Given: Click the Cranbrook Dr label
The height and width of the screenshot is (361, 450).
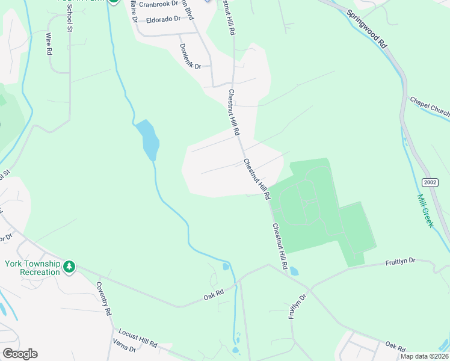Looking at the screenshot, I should point(158,4).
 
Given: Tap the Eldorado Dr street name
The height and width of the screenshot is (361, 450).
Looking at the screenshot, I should point(161,19).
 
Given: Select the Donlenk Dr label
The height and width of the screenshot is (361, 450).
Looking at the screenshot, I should point(190,57).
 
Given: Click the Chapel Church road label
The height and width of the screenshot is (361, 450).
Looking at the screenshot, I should point(430,108).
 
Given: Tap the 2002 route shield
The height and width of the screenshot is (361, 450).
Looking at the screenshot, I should point(430,182).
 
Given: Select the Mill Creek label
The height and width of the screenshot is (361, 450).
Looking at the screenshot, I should point(425,210).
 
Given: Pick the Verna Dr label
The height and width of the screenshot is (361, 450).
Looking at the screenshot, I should point(125,350).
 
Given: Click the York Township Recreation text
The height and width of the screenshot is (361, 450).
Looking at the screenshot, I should point(32,268).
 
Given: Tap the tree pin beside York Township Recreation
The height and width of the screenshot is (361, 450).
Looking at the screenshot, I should point(70,266).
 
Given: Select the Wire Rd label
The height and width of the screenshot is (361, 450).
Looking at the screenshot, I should point(49,45).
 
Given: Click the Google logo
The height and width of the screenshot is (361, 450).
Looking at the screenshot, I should point(20,354).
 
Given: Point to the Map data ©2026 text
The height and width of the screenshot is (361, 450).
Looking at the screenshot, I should point(425,356).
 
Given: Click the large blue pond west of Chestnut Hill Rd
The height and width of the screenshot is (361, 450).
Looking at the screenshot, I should point(148,140).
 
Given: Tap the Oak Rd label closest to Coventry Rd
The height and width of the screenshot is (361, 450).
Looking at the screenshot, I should point(214,295).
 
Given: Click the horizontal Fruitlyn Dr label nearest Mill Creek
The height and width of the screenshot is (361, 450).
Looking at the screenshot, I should point(400,261).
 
